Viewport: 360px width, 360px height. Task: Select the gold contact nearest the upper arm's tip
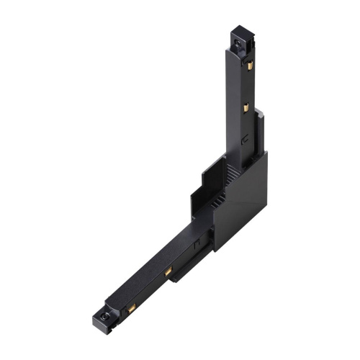point(248,66)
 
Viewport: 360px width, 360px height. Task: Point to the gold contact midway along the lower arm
point(168,273)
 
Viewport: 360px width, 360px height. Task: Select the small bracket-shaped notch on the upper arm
point(245,138)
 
